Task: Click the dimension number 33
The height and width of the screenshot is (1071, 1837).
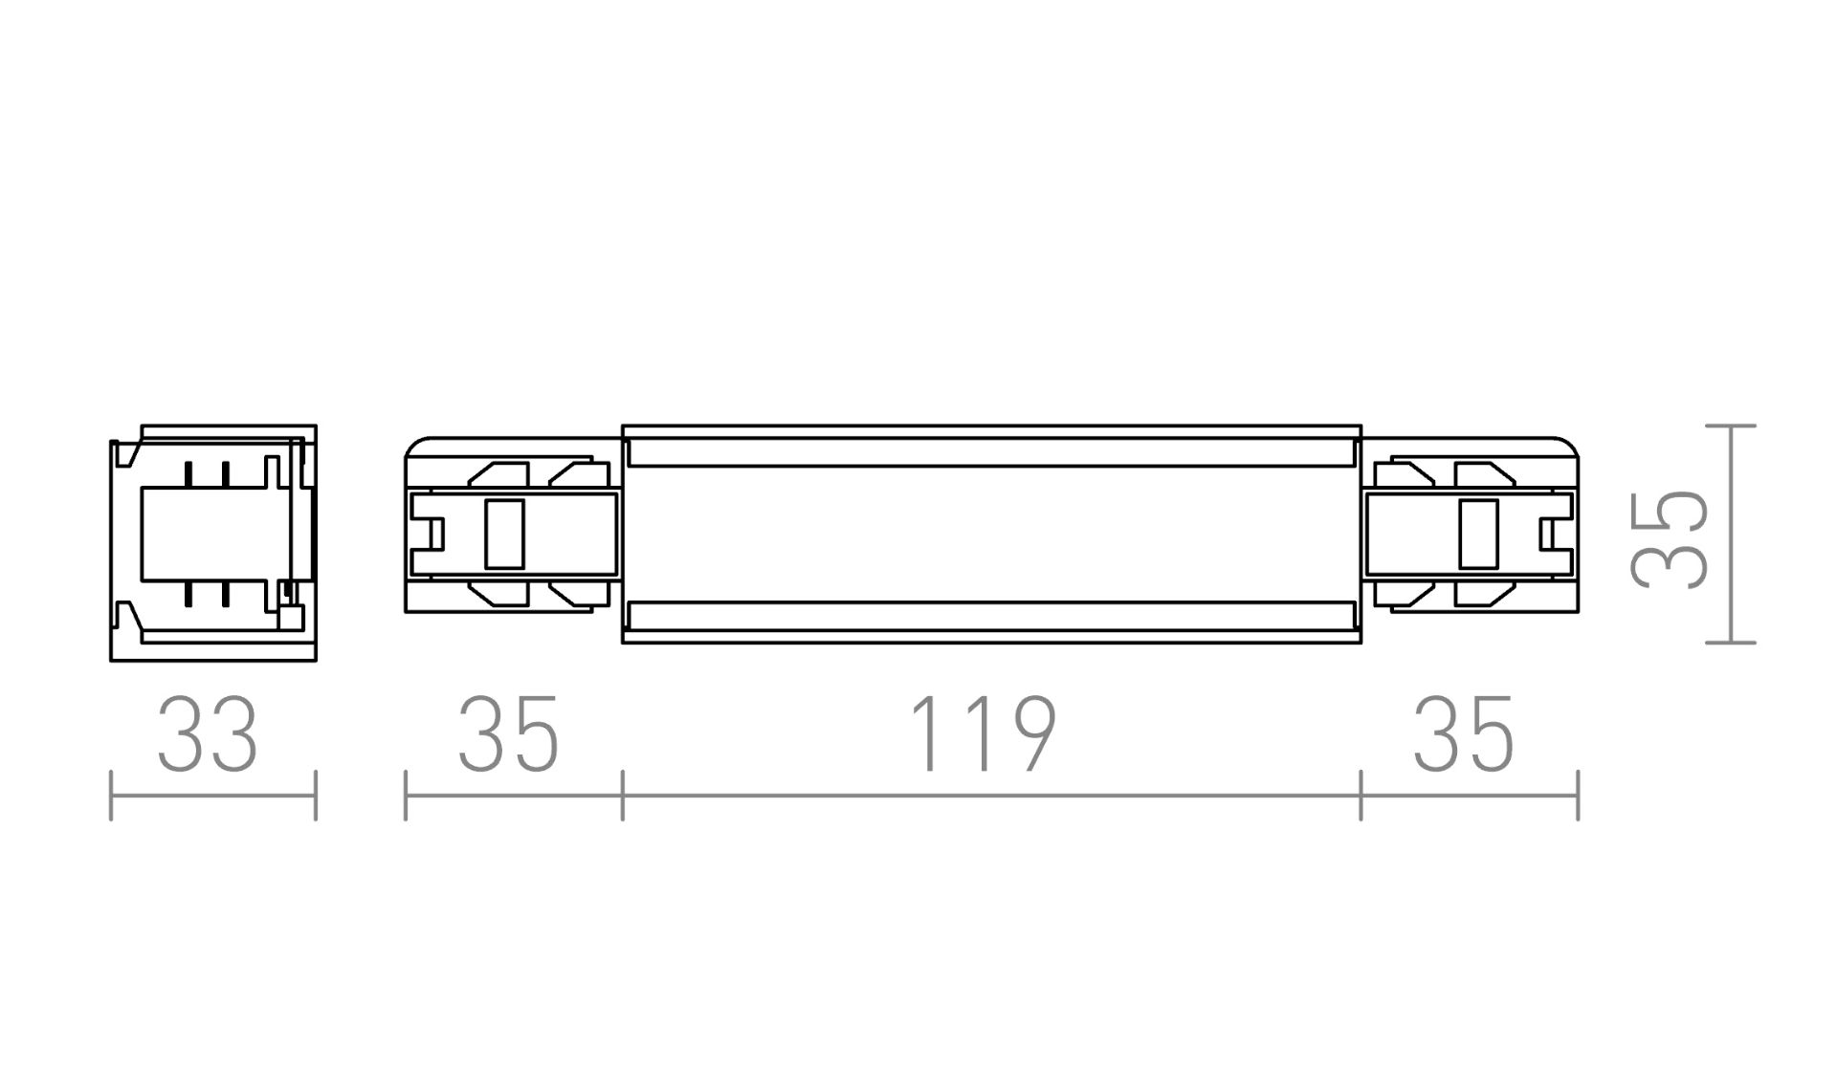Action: tap(208, 734)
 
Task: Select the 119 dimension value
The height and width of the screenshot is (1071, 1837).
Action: tap(983, 734)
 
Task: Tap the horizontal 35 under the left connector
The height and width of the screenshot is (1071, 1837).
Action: tap(508, 734)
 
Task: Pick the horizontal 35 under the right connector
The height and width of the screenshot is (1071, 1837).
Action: tap(1464, 734)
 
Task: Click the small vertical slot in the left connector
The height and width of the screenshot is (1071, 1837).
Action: tap(504, 535)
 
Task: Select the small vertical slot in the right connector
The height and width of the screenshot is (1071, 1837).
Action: tap(1479, 535)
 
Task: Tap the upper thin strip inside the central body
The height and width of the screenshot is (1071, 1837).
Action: tap(990, 453)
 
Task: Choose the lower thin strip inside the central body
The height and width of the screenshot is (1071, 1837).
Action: tap(990, 616)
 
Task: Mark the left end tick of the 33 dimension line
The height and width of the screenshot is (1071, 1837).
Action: tap(112, 795)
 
